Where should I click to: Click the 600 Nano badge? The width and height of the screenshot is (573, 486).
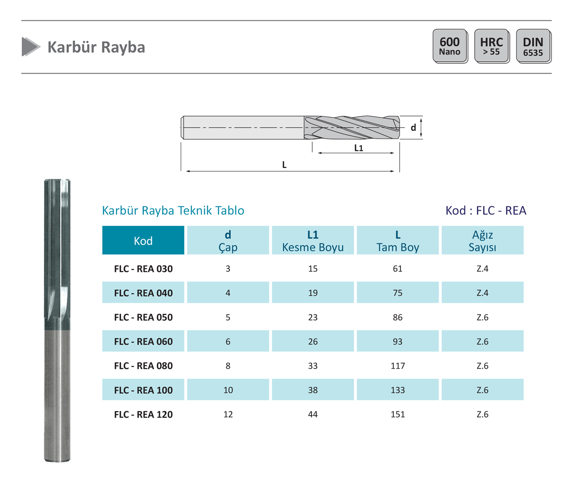click(x=450, y=46)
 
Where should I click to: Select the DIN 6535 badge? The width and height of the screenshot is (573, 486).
click(x=534, y=46)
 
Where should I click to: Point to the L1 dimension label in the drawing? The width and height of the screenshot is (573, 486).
click(x=359, y=148)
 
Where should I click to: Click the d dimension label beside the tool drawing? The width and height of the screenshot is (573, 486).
click(x=413, y=127)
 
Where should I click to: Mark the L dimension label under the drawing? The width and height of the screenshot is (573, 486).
click(x=284, y=165)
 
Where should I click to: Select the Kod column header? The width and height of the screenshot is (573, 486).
click(x=143, y=240)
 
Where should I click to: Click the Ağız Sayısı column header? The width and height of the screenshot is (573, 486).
click(x=482, y=240)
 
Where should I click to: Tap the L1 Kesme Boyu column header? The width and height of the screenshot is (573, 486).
click(x=313, y=240)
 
